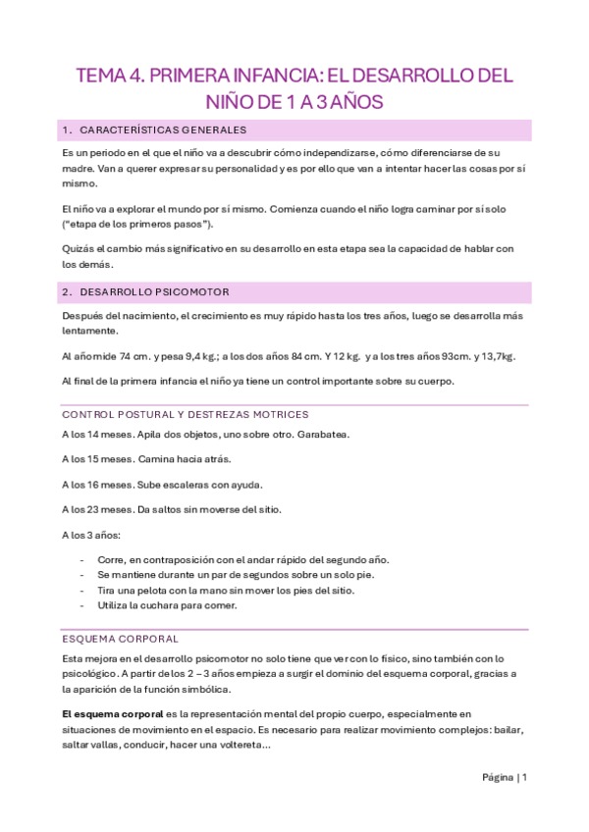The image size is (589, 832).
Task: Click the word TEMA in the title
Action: [100, 77]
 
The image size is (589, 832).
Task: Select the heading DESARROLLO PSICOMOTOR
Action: [156, 292]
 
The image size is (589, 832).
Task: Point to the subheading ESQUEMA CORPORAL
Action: [120, 639]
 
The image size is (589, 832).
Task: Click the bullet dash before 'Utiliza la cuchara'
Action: [80, 605]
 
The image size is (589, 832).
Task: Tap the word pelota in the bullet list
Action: [147, 590]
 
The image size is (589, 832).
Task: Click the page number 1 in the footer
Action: [525, 778]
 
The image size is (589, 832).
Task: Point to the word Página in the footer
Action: [498, 778]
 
